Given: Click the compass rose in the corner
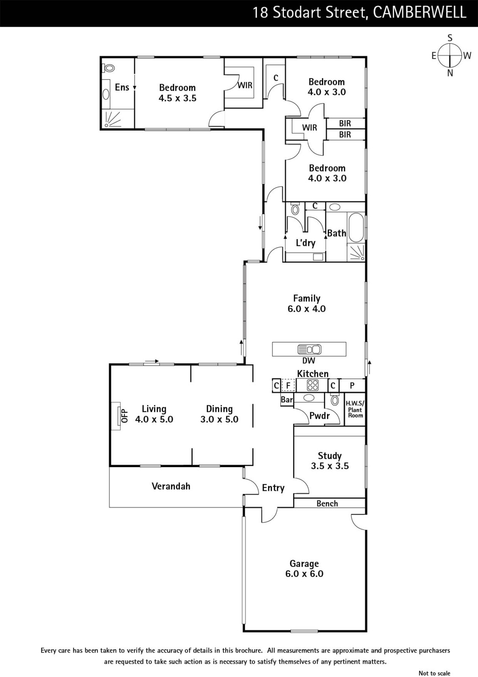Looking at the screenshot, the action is tap(450, 55).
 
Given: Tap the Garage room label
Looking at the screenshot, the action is tap(304, 563).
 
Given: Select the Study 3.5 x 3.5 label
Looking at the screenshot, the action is tap(329, 461).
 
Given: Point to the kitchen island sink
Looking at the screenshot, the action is tap(309, 350).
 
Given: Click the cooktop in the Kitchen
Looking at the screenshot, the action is tap(312, 385).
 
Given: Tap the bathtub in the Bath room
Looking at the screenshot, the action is tap(356, 228).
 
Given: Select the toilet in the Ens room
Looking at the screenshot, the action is tap(108, 68).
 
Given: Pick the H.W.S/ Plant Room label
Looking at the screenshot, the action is tap(355, 409).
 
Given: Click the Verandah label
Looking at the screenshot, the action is tap(171, 486).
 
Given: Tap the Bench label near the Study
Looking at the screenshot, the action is tap(327, 503).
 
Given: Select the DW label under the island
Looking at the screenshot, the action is tap(308, 360).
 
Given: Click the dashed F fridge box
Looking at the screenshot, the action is tap(288, 385).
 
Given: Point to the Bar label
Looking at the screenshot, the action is tap(287, 399).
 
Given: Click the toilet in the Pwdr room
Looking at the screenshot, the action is tap(334, 400).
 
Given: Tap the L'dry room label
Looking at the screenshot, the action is tap(305, 243).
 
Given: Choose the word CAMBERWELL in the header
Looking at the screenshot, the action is tap(420, 13).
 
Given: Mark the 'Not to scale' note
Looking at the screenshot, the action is tap(434, 673).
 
